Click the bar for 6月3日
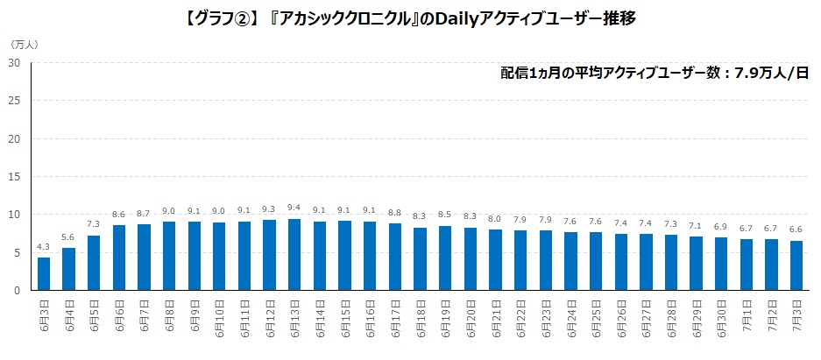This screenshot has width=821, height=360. coord(44,274)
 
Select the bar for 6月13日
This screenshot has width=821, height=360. coord(294,255)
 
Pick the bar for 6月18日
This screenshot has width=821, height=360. coord(420,259)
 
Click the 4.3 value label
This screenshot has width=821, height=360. coord(44,248)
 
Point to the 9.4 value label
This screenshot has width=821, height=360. coord(294,208)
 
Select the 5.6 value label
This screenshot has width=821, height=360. coord(68,237)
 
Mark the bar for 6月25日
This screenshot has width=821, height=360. coord(596,261)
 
